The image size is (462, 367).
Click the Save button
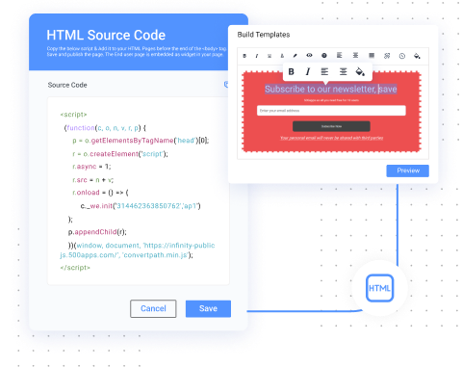(x=208, y=308)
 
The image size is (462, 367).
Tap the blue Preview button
(x=408, y=170)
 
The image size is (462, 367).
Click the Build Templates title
(x=264, y=35)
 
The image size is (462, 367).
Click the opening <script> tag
(x=71, y=115)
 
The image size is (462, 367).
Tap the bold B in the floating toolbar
(x=292, y=71)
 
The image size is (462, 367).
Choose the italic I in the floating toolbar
(x=308, y=71)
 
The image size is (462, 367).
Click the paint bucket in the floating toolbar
(x=360, y=71)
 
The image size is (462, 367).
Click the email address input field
(x=330, y=110)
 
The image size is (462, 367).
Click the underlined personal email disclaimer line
(x=330, y=138)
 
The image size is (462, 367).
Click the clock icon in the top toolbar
(x=400, y=56)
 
